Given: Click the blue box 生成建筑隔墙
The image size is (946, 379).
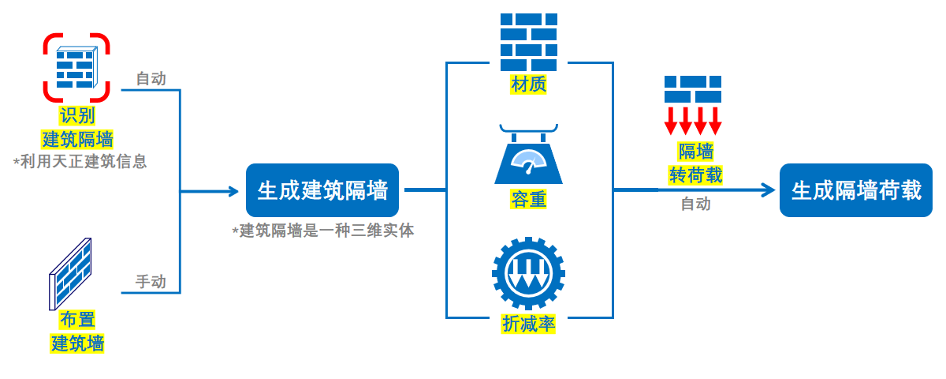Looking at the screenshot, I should point(322,190).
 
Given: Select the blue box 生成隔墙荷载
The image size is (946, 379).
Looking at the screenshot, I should point(856,190).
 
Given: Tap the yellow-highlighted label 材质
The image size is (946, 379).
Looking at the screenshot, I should point(529,84).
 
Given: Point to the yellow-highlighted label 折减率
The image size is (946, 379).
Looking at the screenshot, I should point(529,324).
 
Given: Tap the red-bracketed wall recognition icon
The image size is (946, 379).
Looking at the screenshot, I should point(76,68).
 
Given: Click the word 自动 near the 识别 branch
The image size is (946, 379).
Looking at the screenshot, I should point(151,79).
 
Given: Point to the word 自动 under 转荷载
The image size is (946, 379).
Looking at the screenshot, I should point(695,205).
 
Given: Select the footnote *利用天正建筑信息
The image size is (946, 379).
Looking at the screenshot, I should point(80,162).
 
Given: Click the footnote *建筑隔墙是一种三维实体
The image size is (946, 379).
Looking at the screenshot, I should point(323,231).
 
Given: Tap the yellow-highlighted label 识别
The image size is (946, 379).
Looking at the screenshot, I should point(77,117).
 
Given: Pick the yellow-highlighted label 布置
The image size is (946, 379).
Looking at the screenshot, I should point(77,321).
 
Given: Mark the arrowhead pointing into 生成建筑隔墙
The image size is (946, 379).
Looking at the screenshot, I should point(233,191).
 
